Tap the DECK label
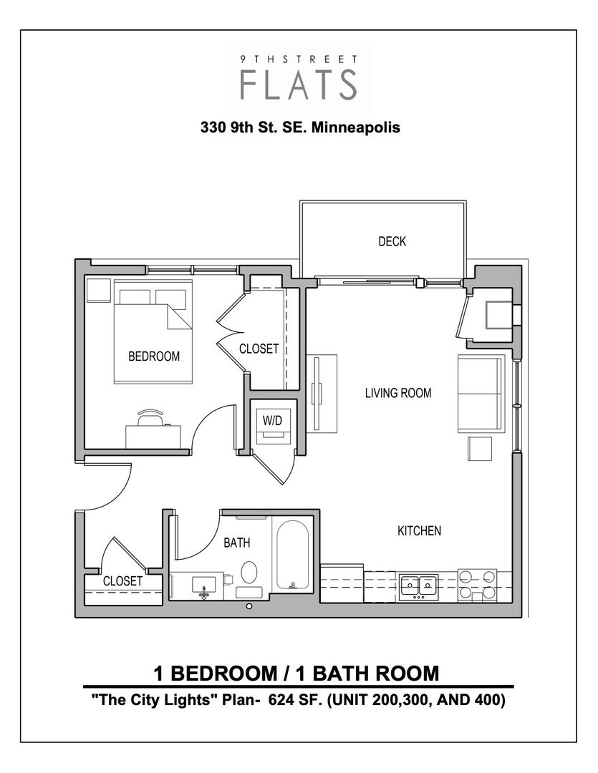[392, 242]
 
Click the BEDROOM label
[154, 356]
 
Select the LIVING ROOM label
[398, 393]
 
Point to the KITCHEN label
[419, 531]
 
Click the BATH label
[237, 543]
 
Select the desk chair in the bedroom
[150, 416]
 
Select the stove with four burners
[477, 583]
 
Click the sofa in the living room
[479, 393]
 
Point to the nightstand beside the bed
[96, 291]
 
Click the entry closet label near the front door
[122, 581]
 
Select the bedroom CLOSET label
[259, 349]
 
